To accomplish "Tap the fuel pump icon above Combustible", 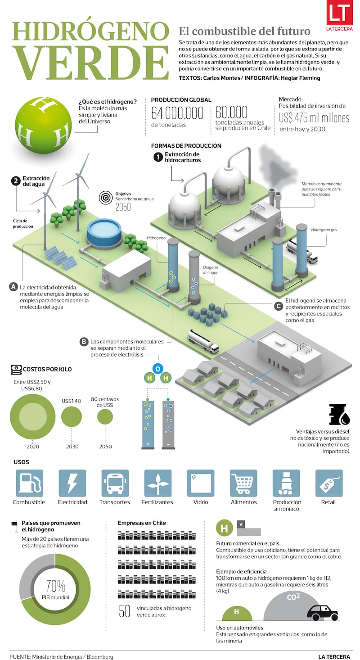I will coord(29,483).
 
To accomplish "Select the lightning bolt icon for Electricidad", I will coord(72,483).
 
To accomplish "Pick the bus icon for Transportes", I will coord(115,483).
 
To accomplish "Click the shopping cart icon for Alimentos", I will coord(243,483).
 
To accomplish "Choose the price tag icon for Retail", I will coord(329,483).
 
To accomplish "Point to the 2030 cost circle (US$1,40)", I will coord(72,416).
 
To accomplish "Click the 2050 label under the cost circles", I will coord(105,446).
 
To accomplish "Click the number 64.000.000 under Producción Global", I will coord(177,113).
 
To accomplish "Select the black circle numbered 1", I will coord(157,157).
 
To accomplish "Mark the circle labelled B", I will coord(83,342).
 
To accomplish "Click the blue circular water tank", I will coord(104,232).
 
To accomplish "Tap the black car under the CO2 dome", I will coord(322,612).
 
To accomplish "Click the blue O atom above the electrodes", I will coord(157,369).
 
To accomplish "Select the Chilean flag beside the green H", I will coord(249,529).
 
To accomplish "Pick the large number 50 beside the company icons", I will coord(125,611).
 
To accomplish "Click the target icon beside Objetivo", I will coord(106,197).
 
